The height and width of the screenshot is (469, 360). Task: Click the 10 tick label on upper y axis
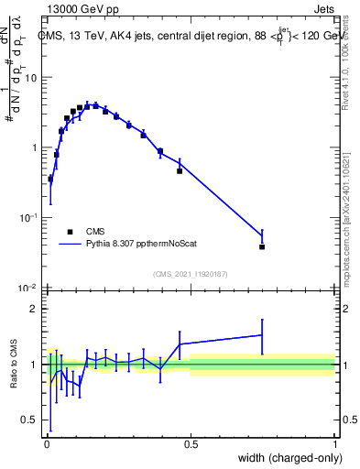32,77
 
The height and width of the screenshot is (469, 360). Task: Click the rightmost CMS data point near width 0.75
262,246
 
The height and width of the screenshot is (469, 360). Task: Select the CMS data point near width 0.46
180,170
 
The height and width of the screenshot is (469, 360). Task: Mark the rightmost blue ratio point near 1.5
262,334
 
